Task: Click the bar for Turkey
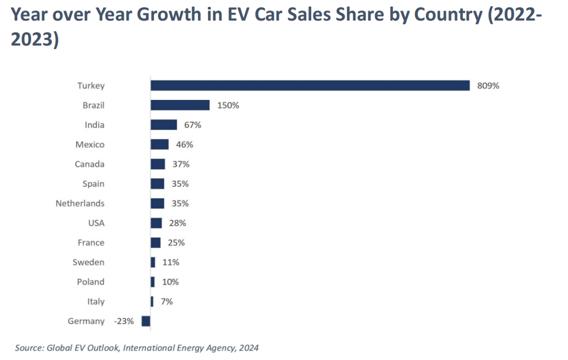click(310, 86)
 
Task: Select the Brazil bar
click(180, 105)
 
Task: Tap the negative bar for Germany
click(146, 321)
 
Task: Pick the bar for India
click(163, 125)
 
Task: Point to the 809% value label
click(488, 86)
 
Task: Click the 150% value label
click(228, 105)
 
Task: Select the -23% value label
click(124, 321)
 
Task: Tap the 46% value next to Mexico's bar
click(185, 144)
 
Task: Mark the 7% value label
click(167, 302)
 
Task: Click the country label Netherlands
click(80, 203)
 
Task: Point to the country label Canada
click(89, 164)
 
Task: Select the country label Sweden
click(88, 262)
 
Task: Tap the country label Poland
click(91, 282)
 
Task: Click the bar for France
click(156, 243)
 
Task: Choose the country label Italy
click(96, 302)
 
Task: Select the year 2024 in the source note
click(248, 348)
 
